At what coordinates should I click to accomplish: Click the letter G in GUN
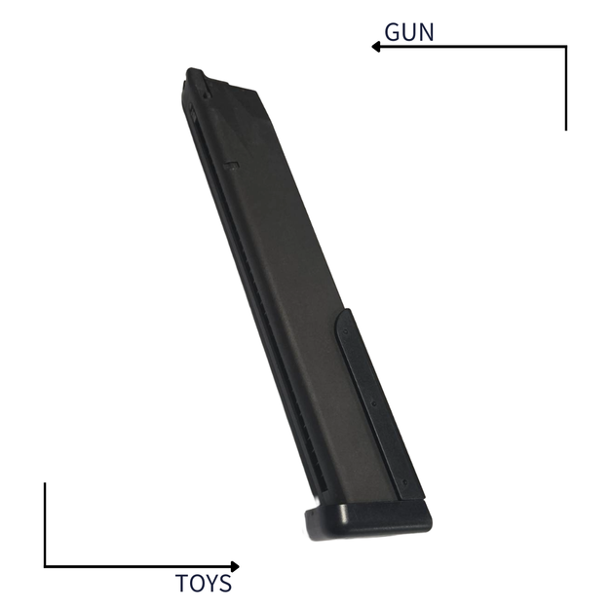click(394, 31)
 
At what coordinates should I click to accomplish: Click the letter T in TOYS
click(181, 585)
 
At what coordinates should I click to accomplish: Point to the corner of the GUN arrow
click(565, 46)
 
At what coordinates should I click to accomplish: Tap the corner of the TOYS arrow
click(45, 566)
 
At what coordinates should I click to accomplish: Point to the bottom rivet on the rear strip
click(400, 480)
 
